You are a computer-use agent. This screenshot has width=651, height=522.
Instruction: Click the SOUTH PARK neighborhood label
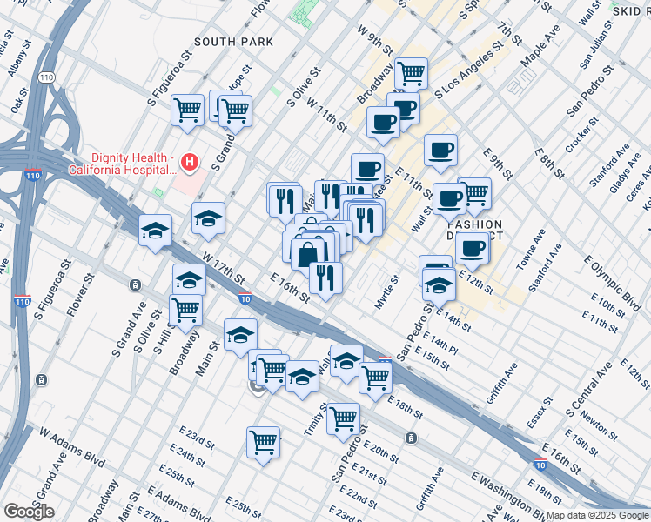[x=233, y=42]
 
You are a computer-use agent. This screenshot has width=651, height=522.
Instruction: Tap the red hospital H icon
[x=190, y=163]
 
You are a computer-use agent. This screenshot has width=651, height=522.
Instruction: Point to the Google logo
[x=29, y=512]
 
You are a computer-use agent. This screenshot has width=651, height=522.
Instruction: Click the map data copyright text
[x=596, y=515]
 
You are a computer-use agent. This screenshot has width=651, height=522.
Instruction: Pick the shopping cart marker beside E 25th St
[x=263, y=442]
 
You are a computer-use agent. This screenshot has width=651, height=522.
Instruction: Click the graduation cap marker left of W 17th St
[x=155, y=231]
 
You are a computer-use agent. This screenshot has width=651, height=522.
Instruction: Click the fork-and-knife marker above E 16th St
[x=325, y=278]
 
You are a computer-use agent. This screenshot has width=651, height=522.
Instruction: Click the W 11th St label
[x=327, y=115]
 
